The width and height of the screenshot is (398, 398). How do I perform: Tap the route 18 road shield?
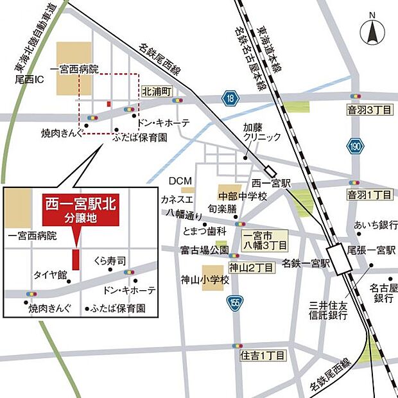coord(229,98)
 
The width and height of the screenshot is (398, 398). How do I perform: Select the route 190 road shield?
coord(356,146)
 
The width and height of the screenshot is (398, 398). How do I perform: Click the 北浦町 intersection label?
coord(157,92)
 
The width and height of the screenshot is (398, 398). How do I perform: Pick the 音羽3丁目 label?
coord(369,110)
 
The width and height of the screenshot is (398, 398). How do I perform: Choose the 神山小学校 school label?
coord(204,280)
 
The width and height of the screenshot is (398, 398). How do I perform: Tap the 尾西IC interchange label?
coord(28,82)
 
